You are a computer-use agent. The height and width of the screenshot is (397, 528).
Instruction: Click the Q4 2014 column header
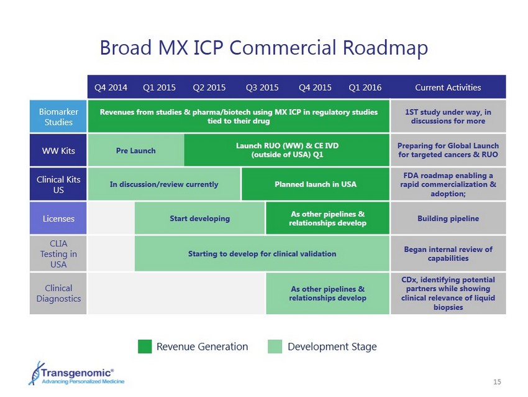pos(111,88)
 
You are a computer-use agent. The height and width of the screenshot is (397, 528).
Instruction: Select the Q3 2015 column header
pos(262,88)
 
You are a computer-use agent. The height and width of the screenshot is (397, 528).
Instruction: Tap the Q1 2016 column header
pos(365,88)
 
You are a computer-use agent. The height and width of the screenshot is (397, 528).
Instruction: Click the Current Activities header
pos(448,87)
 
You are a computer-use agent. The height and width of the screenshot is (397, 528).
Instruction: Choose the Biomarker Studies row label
pos(58,116)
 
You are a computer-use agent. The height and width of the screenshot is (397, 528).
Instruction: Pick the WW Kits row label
pos(58,150)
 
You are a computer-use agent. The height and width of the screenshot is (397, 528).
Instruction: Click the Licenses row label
pos(58,218)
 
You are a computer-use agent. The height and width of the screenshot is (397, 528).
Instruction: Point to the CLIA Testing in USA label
pos(58,254)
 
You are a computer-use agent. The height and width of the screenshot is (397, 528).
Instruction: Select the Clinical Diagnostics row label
pos(58,294)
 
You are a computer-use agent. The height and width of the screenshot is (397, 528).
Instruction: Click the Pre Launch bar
pos(136,150)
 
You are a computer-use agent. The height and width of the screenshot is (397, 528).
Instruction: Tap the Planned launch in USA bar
pos(316,184)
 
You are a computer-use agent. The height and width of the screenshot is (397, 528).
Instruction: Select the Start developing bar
pos(199,218)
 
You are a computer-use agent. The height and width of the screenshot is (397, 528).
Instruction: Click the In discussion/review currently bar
pos(165,184)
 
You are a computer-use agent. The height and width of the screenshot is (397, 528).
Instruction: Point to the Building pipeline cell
pos(448,218)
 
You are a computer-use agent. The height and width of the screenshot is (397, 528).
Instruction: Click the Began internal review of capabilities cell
pos(448,254)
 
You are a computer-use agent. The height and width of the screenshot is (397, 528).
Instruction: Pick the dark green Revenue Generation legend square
pos(145,347)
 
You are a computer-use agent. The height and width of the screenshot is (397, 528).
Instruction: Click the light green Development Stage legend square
pos(275,347)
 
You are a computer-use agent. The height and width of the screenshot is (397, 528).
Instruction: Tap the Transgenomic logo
pos(76,374)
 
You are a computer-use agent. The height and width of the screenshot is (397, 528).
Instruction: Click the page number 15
pos(497,382)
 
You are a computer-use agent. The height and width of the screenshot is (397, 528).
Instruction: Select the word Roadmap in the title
pos(385,48)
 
